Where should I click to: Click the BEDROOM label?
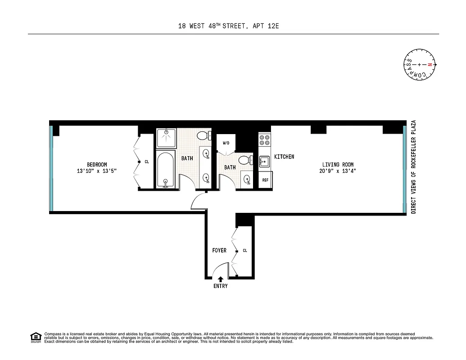97,165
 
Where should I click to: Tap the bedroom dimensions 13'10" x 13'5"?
97,171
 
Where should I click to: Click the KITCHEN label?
284,157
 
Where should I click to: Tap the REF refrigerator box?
265,180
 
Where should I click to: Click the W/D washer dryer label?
226,143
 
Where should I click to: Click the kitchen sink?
264,160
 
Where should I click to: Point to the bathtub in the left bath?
166,170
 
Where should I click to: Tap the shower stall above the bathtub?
166,138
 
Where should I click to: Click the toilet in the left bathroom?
204,135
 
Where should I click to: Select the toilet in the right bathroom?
244,160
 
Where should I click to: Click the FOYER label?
219,250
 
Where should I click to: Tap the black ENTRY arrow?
220,279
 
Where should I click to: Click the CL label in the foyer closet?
244,250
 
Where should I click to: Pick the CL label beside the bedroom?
147,162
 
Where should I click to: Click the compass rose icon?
419,65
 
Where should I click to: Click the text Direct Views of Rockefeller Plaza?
413,166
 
